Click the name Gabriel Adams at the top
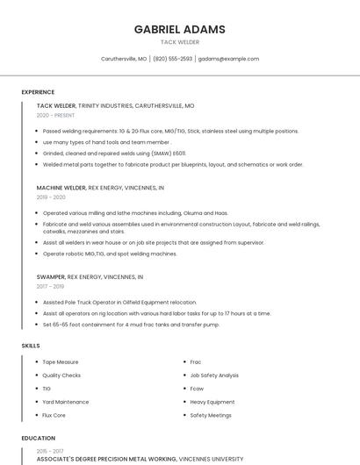point(179,29)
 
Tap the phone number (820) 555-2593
point(173,59)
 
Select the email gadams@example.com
point(228,59)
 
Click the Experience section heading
point(38,92)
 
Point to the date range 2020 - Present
point(55,115)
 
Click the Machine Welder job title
point(61,188)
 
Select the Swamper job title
point(50,276)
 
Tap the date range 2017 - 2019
point(50,286)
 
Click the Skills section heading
point(31,346)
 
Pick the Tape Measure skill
point(61,361)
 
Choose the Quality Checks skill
point(62,376)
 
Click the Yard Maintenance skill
point(66,402)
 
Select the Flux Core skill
point(54,415)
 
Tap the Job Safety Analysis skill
point(214,376)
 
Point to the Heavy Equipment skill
point(212,402)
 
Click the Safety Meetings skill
point(211,415)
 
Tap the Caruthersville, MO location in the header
point(124,59)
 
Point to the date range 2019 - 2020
point(50,197)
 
